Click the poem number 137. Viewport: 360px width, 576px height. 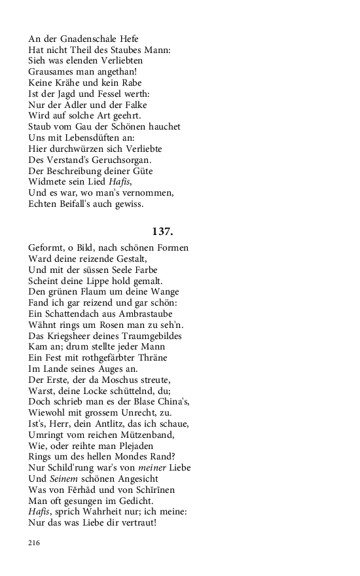(162, 231)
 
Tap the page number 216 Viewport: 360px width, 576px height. (35, 543)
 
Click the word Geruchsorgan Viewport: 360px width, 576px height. (114, 160)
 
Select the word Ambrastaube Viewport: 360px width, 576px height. (153, 314)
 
